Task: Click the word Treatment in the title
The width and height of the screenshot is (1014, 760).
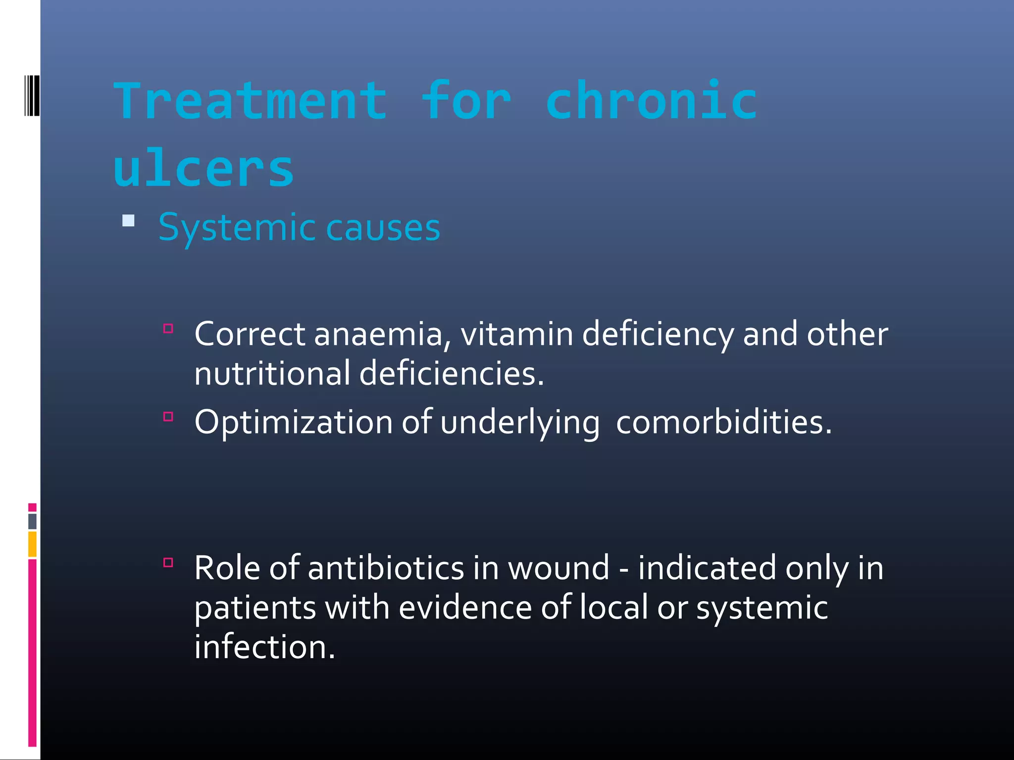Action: (250, 101)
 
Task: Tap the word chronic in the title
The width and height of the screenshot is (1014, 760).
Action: (652, 101)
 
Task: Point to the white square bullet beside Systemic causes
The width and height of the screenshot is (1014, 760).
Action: (128, 221)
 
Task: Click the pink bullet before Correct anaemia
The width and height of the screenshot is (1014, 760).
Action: (168, 329)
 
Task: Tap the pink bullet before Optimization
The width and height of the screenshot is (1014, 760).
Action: (168, 417)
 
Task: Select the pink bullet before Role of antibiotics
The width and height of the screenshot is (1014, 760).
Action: (168, 562)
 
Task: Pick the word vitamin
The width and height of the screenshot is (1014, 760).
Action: (516, 334)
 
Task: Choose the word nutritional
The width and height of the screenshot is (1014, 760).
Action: (272, 373)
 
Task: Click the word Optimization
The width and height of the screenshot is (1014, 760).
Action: (293, 423)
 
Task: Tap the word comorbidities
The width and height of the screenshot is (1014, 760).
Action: (723, 423)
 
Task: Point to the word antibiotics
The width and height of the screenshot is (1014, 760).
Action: (386, 568)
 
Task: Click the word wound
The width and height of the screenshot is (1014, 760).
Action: (558, 568)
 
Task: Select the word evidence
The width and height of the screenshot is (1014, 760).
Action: (465, 608)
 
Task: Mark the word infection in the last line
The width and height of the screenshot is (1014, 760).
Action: (264, 647)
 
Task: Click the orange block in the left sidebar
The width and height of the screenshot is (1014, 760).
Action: (32, 544)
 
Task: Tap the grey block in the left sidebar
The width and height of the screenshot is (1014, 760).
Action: (32, 522)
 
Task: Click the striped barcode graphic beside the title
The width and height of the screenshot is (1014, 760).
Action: (32, 95)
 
